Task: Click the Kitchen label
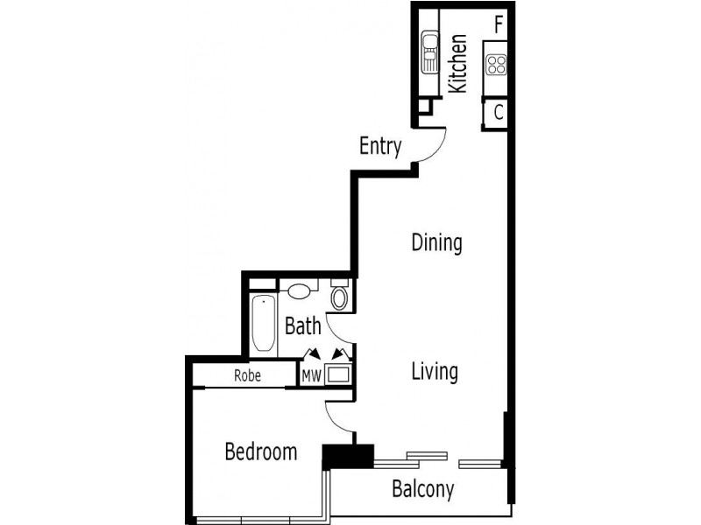(x=457, y=63)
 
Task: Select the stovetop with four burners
(x=497, y=64)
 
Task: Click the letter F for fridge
(x=498, y=24)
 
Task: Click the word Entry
(x=380, y=146)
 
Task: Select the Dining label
(x=436, y=242)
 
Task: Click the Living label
(x=435, y=371)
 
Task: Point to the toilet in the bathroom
(x=340, y=297)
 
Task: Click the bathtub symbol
(x=262, y=325)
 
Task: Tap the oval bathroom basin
(x=301, y=290)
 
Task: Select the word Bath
(x=303, y=327)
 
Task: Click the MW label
(x=311, y=375)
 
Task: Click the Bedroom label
(x=260, y=452)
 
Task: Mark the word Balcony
(x=422, y=489)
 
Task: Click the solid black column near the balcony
(x=348, y=456)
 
